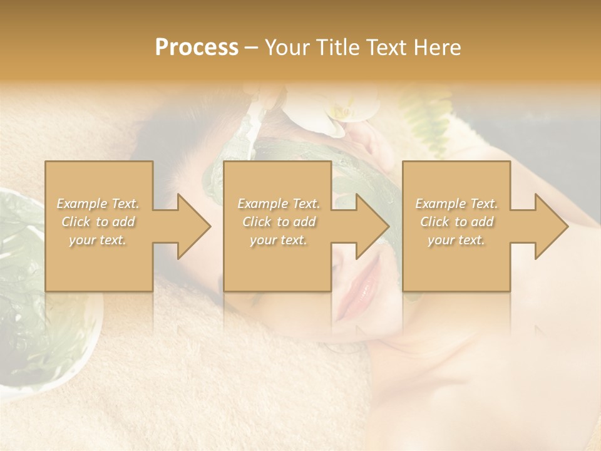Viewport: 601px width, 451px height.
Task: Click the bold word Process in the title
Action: (197, 48)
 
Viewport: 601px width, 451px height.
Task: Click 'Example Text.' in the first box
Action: (98, 204)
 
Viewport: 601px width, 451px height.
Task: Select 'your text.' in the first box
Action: (98, 240)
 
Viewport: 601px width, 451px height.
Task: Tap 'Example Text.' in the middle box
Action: (279, 204)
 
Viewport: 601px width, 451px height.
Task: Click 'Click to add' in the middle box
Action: (279, 222)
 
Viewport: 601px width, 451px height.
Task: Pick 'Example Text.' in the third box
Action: (456, 204)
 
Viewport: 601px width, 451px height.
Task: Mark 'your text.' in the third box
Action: (456, 240)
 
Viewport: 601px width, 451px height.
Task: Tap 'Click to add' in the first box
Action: (98, 222)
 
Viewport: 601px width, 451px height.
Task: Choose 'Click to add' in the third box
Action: (456, 222)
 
